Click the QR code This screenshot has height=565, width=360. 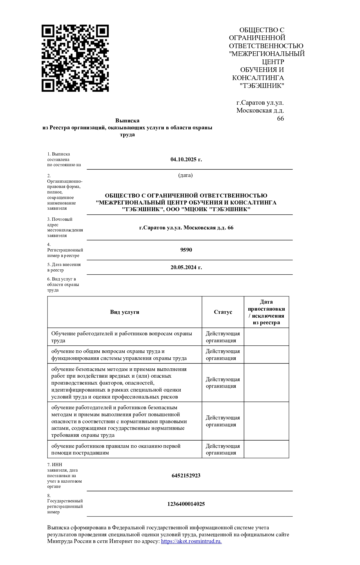pos(75,58)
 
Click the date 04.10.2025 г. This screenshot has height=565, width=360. pos(186,160)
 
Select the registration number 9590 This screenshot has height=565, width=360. pos(186,250)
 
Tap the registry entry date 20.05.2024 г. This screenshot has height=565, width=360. pos(186,267)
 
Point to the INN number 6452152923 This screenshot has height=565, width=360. pos(186,476)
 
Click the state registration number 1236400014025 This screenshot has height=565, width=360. pos(186,504)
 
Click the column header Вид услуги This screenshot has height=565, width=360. pos(125,312)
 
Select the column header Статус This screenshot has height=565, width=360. pos(223,312)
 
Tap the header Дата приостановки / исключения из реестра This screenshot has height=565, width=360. pos(266,312)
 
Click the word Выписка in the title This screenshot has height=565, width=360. pos(127,121)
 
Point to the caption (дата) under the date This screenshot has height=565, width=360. pos(186,175)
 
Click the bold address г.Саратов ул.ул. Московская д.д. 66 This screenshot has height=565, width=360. pos(186,228)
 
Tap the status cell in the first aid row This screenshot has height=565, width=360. pos(223,449)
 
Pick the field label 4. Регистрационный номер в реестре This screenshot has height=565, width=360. pos(65,250)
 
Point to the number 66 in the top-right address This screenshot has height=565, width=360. pos(280,119)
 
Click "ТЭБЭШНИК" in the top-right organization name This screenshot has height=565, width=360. pos(262,86)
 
